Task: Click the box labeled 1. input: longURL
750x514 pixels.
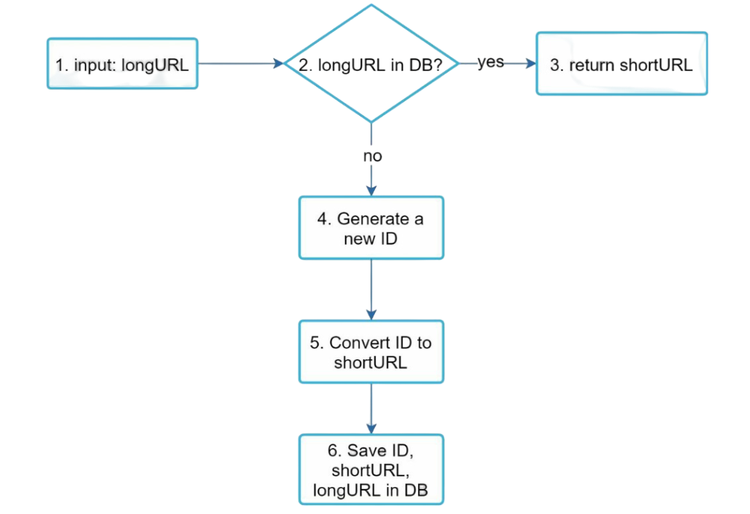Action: click(122, 64)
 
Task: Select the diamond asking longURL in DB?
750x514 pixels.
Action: click(372, 64)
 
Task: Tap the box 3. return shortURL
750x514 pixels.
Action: click(622, 64)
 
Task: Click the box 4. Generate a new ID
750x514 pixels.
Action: click(372, 228)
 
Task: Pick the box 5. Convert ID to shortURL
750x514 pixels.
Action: click(372, 352)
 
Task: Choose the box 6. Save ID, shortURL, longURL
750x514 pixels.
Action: click(372, 470)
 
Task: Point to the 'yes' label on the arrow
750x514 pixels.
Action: click(490, 62)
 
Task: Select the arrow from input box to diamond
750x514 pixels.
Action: click(240, 64)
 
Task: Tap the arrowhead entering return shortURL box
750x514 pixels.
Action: click(531, 64)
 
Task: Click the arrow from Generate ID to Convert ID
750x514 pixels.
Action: click(372, 289)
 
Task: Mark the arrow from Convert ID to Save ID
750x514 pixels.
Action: click(372, 409)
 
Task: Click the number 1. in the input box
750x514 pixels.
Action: click(62, 66)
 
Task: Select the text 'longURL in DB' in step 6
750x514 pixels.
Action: click(370, 490)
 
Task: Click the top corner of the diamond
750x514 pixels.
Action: click(372, 6)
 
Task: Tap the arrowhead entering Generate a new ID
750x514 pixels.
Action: click(372, 190)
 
